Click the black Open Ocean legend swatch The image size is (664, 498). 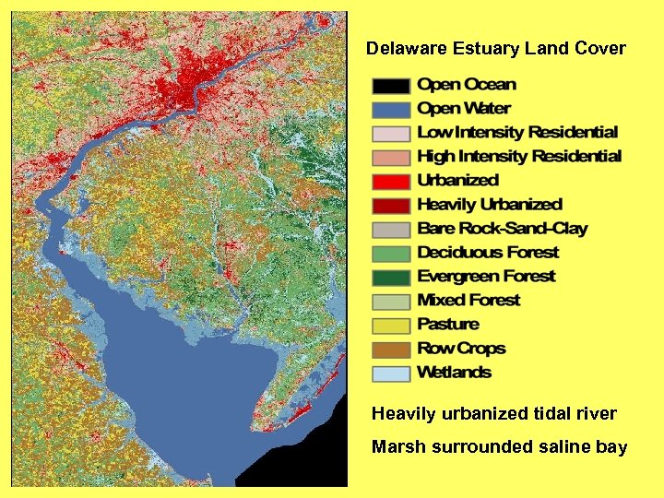(x=390, y=86)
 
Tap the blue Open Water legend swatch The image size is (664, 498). (x=390, y=110)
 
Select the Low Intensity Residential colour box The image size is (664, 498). (x=390, y=134)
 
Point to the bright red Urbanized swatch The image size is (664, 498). (x=390, y=182)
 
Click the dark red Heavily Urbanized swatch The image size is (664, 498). (x=390, y=206)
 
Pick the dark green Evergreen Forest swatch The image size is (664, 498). (x=390, y=278)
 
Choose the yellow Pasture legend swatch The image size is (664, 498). (x=390, y=326)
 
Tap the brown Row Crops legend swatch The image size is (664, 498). (x=390, y=350)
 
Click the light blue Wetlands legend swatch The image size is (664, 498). (x=390, y=373)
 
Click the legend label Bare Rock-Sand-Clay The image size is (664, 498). (x=502, y=229)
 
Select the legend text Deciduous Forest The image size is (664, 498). (x=488, y=253)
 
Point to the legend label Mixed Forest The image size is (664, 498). (x=468, y=301)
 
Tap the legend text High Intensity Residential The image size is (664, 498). (x=519, y=157)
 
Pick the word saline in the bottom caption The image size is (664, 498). (x=557, y=448)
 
